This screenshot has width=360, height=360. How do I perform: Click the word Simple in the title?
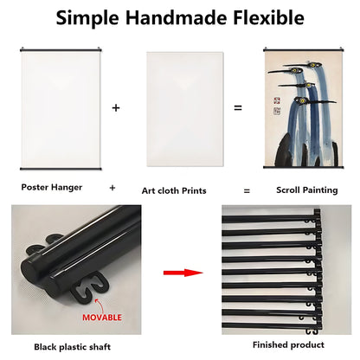(x=87, y=18)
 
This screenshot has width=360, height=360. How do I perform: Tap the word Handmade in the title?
(x=176, y=17)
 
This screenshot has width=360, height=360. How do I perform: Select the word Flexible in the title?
(x=268, y=17)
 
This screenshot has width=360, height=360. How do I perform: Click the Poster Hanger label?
(x=52, y=188)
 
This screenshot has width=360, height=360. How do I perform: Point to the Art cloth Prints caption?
(x=174, y=190)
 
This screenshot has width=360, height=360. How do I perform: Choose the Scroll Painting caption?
(x=307, y=190)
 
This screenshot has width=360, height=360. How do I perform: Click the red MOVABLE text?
(x=102, y=318)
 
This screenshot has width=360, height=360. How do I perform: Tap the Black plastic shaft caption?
(x=73, y=347)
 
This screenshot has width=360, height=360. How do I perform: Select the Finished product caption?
(x=288, y=344)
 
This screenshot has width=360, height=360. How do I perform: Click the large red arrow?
(x=183, y=273)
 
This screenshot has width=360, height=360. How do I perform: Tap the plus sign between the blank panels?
(x=116, y=108)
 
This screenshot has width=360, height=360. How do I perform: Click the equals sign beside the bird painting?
(x=238, y=108)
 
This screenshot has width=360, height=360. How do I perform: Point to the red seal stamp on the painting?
(x=277, y=101)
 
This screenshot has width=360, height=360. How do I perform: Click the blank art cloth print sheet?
(x=185, y=109)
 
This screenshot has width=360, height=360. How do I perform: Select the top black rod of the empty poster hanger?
(x=61, y=50)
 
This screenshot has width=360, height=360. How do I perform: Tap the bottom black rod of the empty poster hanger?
(x=61, y=169)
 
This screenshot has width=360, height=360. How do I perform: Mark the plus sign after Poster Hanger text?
(x=112, y=188)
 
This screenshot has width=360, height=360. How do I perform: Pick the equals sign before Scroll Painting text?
(x=247, y=190)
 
